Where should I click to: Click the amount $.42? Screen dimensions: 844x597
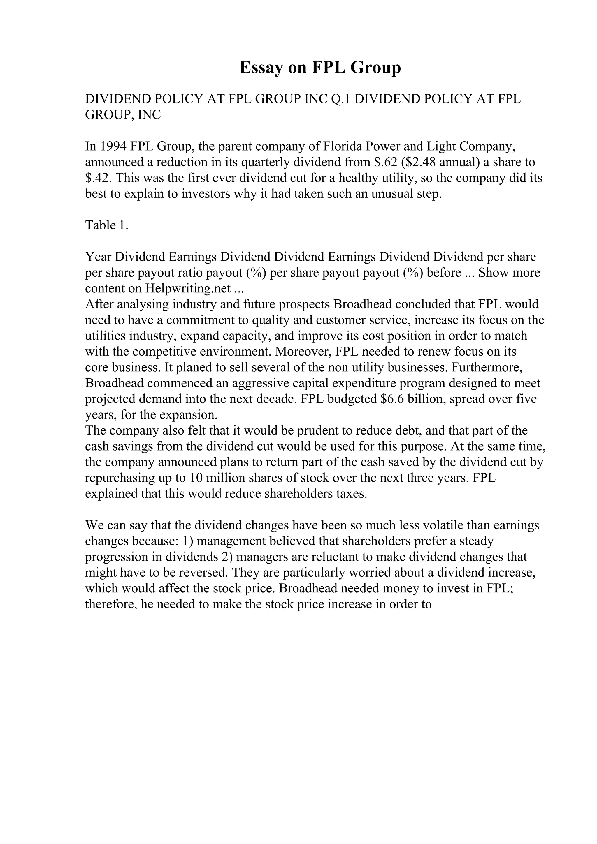[99, 178]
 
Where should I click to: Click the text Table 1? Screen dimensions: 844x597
[107, 225]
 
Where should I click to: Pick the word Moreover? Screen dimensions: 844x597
[303, 352]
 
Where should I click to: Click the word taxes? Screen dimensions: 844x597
[352, 494]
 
